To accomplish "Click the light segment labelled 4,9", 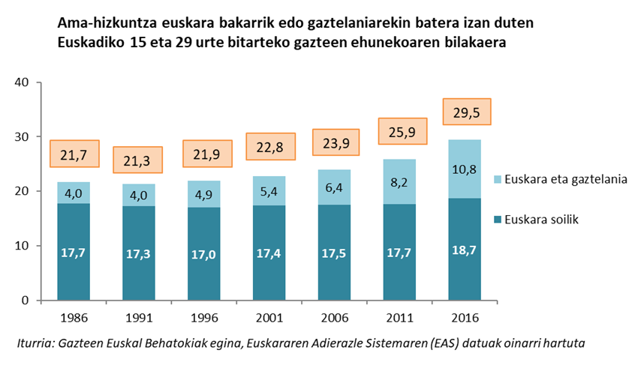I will click(205, 194).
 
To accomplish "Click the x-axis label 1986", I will click(74, 318).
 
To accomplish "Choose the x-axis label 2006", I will click(336, 318).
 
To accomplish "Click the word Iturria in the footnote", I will click(37, 343).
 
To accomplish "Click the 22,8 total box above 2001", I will click(270, 147).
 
